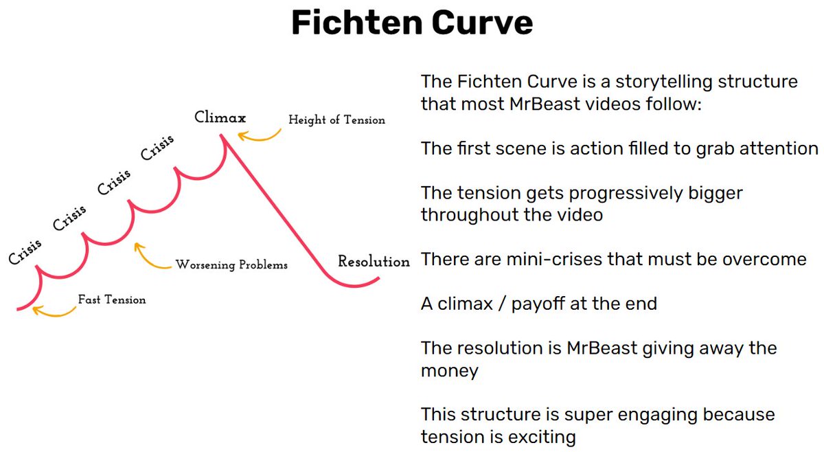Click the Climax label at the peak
point(220,117)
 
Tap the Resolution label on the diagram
point(374,262)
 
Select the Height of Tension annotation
point(336,120)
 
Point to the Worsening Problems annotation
point(231,264)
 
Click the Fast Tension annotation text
point(111,300)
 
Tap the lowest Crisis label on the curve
point(25,251)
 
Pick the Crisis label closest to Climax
point(157,147)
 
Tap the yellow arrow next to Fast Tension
point(54,312)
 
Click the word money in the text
point(449,371)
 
